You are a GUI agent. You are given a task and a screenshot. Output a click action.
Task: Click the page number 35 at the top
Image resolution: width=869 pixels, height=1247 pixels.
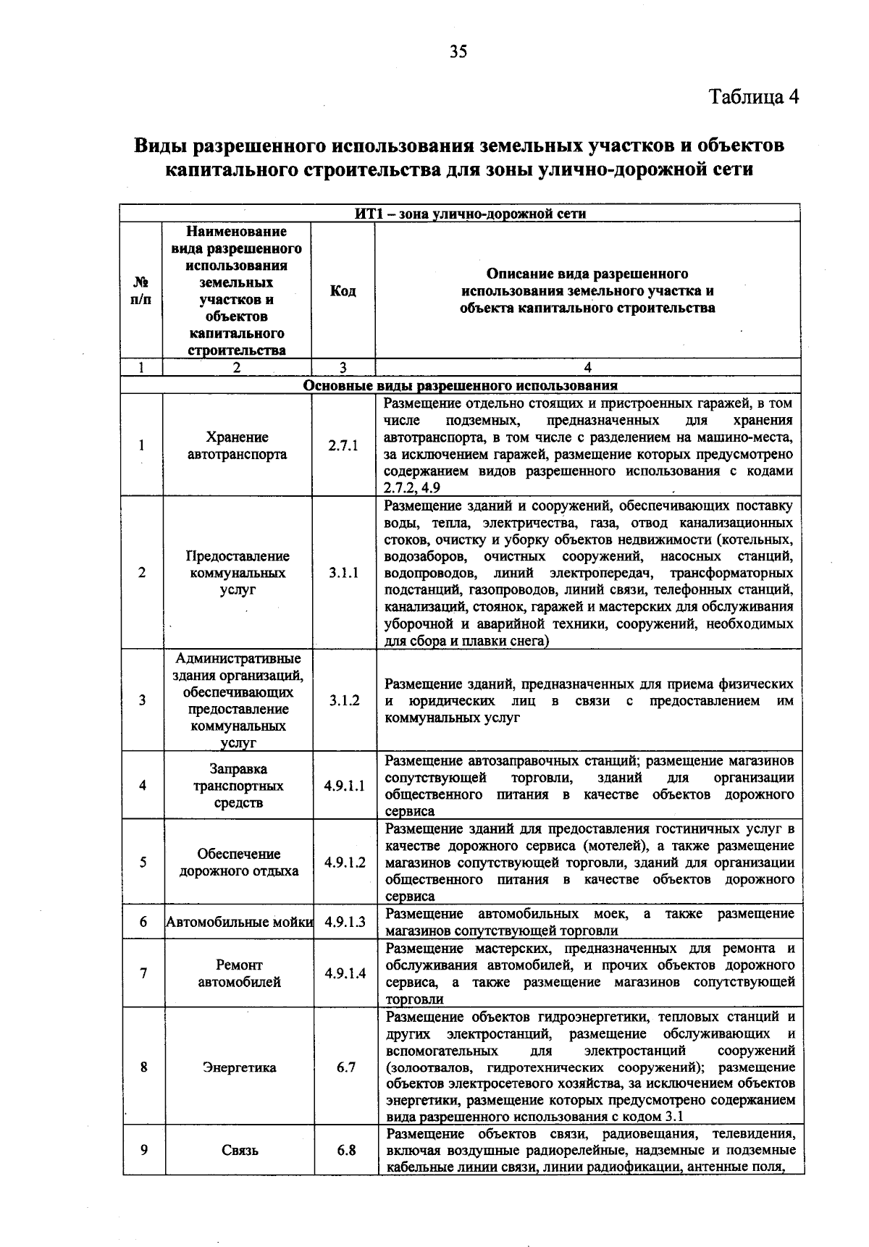click(x=458, y=51)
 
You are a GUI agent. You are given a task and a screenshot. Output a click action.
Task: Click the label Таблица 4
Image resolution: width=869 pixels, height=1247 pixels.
click(x=754, y=97)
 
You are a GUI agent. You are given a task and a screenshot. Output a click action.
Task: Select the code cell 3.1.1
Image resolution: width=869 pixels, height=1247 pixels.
click(x=343, y=573)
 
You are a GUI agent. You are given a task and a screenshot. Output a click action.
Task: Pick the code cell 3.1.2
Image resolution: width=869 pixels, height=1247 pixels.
click(x=344, y=700)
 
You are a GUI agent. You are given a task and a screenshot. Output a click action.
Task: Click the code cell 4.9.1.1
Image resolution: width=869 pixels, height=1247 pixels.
click(x=345, y=786)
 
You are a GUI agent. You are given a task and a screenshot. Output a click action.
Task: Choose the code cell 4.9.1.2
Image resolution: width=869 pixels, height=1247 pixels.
click(x=345, y=862)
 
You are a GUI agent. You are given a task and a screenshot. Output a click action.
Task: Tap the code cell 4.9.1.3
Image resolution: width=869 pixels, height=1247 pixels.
click(x=345, y=922)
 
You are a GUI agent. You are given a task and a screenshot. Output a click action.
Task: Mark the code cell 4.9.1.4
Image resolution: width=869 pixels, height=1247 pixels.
click(x=345, y=973)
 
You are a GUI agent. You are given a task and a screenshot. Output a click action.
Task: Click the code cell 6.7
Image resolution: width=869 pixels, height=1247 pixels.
click(x=345, y=1067)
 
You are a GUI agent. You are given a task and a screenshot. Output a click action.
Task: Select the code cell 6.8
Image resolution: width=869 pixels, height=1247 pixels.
click(x=345, y=1150)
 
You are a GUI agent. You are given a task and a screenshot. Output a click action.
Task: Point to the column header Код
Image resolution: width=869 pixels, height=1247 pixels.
click(x=343, y=291)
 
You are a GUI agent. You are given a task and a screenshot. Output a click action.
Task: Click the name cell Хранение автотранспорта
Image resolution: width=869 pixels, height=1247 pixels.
click(x=237, y=446)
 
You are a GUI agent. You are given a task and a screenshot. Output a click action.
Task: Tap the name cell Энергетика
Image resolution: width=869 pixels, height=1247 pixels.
click(x=239, y=1067)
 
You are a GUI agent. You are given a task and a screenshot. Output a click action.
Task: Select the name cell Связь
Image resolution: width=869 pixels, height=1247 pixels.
click(x=240, y=1150)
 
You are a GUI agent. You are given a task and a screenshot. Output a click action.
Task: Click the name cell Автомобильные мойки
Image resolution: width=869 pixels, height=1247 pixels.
click(x=240, y=922)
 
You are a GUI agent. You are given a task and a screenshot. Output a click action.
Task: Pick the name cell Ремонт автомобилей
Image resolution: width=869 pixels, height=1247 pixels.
click(x=239, y=973)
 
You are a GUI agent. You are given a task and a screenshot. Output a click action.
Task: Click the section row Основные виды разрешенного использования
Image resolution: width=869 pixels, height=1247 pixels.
click(x=460, y=385)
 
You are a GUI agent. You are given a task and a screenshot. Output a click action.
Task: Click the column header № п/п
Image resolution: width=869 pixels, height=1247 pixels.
click(x=141, y=291)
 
